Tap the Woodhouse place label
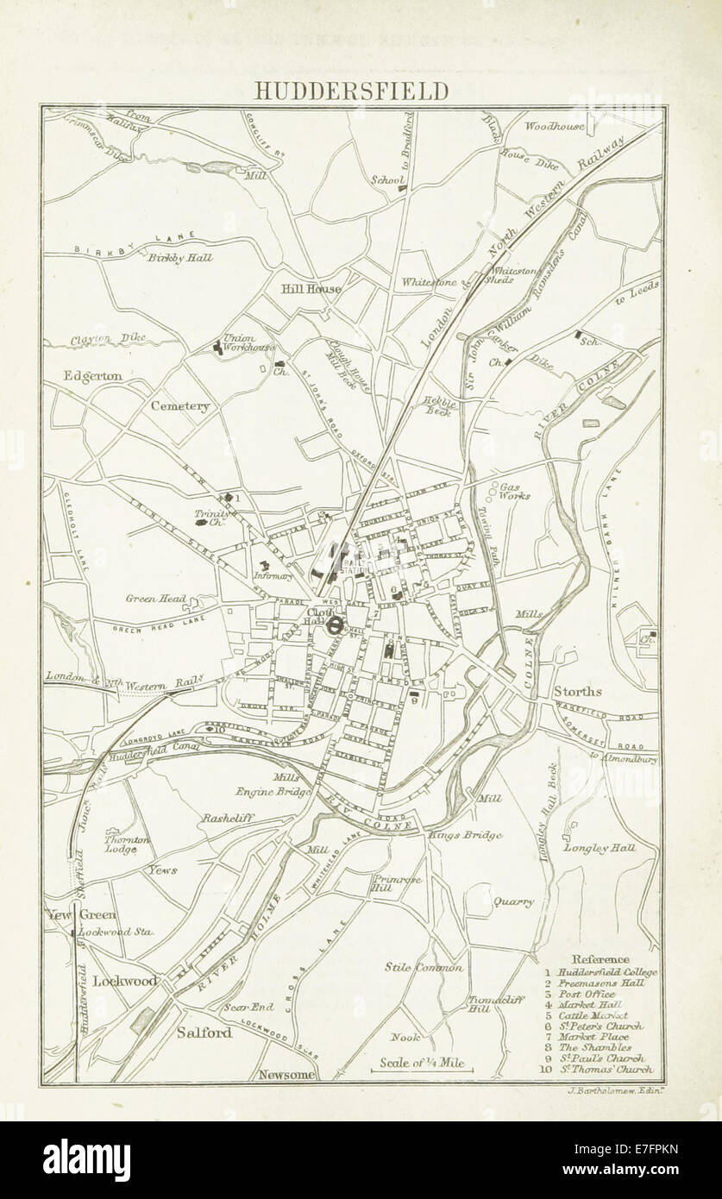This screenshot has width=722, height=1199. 555,126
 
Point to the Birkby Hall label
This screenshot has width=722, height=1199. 180,258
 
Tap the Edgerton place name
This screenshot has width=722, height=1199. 91,376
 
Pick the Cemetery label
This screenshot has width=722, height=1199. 179,405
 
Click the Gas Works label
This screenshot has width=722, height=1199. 516,491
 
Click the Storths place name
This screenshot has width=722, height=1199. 577,691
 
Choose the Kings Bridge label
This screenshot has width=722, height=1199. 458,834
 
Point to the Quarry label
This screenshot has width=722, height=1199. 513,902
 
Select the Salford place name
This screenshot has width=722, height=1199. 204,1032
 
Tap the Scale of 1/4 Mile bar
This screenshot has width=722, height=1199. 422,1067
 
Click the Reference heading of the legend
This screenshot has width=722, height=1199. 601,959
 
